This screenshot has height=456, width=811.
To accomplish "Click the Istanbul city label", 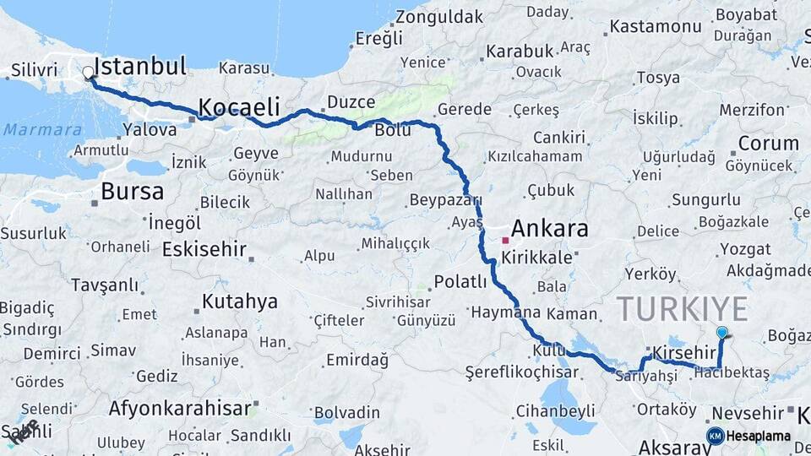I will click(140, 66).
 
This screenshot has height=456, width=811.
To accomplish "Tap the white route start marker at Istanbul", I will click(89, 73).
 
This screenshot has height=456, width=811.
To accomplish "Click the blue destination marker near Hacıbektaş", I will click(721, 334).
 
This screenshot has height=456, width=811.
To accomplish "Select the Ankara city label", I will click(549, 229).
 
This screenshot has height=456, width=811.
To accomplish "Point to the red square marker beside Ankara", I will click(505, 241).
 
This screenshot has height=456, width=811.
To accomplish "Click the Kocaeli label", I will click(238, 106).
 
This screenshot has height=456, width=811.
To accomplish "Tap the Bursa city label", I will click(132, 192).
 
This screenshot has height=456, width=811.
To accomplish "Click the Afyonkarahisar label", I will click(180, 409).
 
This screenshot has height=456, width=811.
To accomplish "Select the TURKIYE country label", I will click(682, 309).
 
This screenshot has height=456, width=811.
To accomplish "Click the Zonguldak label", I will click(439, 16).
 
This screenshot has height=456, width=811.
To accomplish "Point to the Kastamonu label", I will click(656, 26).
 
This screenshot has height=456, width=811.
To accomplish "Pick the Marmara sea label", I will click(42, 130).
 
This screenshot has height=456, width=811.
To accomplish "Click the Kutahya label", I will click(240, 301).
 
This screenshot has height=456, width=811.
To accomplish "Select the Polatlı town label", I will click(460, 281).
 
